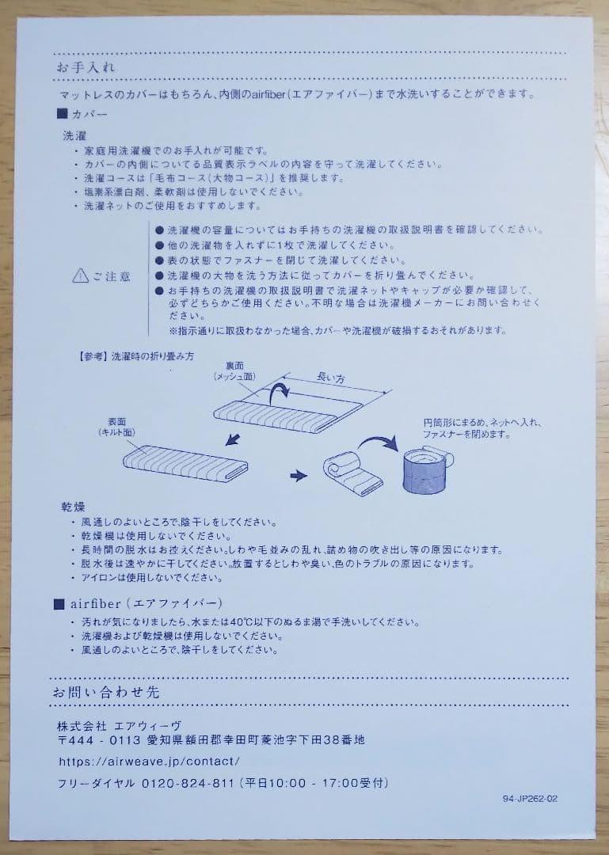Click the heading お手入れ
85,67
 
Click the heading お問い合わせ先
106,692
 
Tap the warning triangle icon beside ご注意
80,276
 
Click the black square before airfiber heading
59,604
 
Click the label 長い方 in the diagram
331,378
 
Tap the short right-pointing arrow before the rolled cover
298,476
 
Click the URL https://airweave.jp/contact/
149,762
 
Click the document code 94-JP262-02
530,799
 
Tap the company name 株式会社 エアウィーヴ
119,725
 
